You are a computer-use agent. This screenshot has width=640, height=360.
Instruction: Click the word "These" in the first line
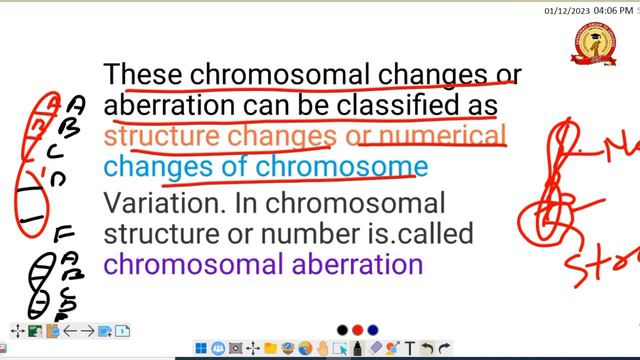(144, 75)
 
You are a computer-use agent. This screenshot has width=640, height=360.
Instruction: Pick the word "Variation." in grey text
(157, 202)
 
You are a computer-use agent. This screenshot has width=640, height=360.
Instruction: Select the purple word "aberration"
(361, 265)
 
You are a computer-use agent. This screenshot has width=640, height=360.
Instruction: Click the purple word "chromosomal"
(196, 265)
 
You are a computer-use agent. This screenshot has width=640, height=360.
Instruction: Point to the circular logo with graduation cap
(594, 45)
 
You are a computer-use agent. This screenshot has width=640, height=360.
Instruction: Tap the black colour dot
(343, 330)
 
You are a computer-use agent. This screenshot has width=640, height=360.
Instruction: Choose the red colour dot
(358, 330)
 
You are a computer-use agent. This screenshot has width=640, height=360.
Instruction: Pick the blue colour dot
(372, 330)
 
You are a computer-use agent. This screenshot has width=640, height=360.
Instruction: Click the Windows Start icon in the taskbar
(202, 349)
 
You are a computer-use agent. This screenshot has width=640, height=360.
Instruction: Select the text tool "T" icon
(410, 349)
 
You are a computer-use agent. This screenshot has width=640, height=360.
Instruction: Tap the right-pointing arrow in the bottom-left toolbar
(87, 331)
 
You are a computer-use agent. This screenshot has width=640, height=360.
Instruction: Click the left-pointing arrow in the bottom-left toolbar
(70, 331)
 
